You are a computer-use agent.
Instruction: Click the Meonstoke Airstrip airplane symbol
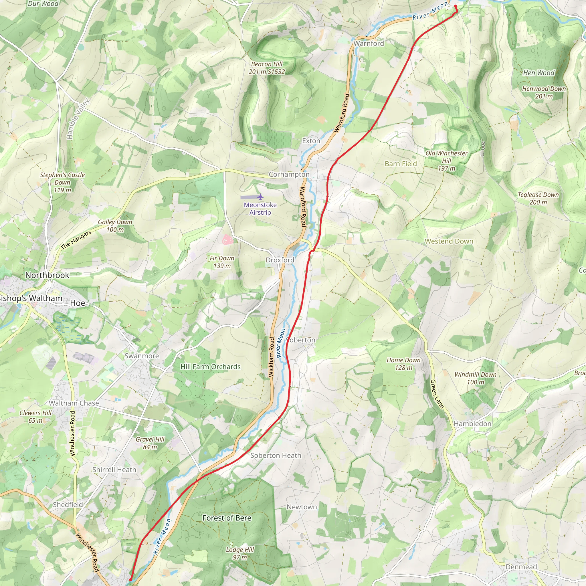[260, 197]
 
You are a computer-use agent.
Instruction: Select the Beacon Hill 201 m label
[267, 68]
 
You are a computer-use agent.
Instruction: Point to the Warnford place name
[369, 43]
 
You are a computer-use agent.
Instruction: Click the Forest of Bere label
[227, 518]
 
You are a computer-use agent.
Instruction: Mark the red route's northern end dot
[455, 6]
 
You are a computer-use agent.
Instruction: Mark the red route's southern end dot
[130, 579]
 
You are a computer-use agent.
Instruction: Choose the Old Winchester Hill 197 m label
[446, 161]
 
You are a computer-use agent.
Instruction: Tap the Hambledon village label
[472, 424]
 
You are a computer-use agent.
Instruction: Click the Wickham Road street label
[272, 357]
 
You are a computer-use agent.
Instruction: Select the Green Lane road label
[437, 394]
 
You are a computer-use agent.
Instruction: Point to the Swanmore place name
[142, 356]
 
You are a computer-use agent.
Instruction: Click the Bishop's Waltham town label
[31, 298]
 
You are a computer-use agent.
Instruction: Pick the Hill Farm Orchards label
[211, 367]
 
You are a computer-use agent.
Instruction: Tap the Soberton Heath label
[276, 456]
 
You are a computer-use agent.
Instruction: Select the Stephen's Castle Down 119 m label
[62, 182]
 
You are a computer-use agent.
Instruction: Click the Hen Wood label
[539, 73]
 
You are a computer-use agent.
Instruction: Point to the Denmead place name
[521, 567]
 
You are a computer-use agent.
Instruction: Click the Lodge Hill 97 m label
[239, 553]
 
